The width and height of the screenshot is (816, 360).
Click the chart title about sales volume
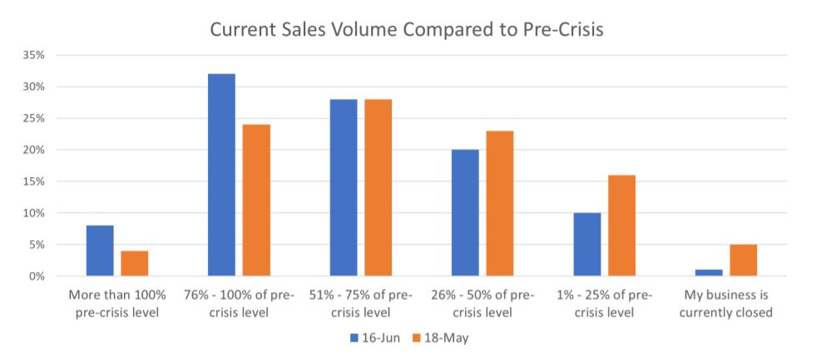[407, 30]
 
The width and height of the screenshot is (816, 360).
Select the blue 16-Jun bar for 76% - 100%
[222, 175]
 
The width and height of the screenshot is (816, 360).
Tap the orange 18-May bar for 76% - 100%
[256, 200]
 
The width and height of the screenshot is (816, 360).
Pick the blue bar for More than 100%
[100, 251]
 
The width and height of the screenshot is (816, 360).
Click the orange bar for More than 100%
[134, 264]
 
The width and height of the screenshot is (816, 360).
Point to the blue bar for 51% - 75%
[344, 187]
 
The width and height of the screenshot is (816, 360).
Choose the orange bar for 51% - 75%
[378, 187]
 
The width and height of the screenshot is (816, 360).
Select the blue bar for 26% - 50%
[465, 213]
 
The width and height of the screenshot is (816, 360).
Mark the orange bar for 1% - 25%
[621, 225]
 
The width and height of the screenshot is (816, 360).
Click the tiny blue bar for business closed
[709, 273]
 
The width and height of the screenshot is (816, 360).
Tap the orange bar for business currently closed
[743, 260]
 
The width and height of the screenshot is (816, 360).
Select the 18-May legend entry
[441, 338]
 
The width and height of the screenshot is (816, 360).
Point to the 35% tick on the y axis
[34, 55]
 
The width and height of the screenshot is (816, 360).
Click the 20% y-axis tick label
[34, 150]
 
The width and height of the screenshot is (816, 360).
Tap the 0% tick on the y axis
[37, 276]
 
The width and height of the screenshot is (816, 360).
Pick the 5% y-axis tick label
[37, 244]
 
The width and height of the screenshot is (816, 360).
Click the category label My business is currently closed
[726, 303]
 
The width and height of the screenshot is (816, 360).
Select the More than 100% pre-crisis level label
[117, 303]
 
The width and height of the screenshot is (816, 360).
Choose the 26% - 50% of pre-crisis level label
[482, 303]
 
